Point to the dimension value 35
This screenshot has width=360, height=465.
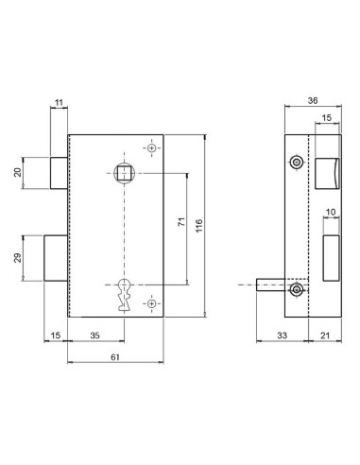(96, 335)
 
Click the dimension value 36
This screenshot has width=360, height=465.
(314, 103)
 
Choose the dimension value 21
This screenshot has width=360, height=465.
(325, 335)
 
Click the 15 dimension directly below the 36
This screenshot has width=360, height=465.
(326, 119)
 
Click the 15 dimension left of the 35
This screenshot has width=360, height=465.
(56, 335)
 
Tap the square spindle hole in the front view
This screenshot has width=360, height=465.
(123, 172)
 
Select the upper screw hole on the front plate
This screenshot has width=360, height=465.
(152, 148)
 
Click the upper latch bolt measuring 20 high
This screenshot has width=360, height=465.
(57, 172)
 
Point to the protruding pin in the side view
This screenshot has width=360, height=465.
(270, 289)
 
